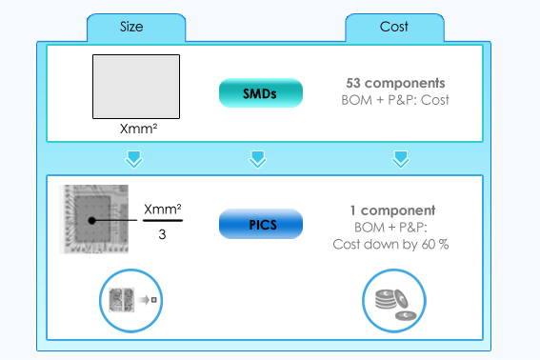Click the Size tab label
131,27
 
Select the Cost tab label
394,27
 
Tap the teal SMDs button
261,93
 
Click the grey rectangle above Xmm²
136,87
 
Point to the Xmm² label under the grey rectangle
138,129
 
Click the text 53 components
395,83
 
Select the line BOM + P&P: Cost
395,100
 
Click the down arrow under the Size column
133,159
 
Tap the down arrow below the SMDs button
257,159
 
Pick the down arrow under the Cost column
401,159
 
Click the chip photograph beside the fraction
93,219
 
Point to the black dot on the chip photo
91,221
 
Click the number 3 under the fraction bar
162,234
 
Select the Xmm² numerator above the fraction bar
163,210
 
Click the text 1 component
392,210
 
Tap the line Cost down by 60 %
390,245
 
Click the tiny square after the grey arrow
154,300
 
